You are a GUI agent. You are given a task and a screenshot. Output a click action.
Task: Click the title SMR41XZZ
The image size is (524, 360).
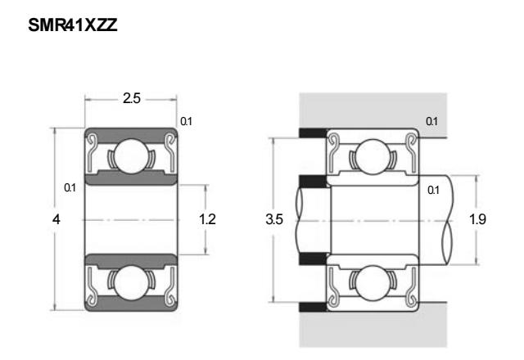[73, 25]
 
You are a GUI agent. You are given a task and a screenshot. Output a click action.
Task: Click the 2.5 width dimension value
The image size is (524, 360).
[131, 98]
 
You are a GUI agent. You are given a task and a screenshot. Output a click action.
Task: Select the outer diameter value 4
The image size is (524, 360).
[56, 219]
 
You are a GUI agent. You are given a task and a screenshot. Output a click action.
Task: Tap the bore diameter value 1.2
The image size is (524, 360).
[207, 219]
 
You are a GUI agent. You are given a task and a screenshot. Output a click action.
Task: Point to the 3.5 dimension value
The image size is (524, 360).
[274, 219]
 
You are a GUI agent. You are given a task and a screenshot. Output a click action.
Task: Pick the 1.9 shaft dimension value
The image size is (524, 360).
[477, 219]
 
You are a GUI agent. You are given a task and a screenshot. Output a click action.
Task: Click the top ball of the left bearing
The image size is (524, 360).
[131, 156]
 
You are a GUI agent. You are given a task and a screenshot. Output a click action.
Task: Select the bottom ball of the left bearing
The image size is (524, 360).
[131, 282]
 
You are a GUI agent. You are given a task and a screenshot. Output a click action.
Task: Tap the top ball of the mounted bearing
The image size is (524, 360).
[373, 156]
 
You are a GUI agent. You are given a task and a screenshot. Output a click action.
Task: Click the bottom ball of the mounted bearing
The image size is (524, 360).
[373, 283]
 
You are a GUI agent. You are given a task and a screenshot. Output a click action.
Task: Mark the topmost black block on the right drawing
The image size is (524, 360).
[313, 133]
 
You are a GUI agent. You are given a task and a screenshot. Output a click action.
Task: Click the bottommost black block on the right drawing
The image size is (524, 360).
[313, 307]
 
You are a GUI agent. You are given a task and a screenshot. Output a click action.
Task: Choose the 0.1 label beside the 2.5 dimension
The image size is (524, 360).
[186, 121]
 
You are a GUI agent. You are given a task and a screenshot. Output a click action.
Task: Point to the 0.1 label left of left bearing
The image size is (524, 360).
[70, 187]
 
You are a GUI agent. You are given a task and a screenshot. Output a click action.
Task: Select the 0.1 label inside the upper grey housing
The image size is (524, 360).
[431, 121]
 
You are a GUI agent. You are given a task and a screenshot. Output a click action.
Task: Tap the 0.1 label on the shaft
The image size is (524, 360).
[433, 190]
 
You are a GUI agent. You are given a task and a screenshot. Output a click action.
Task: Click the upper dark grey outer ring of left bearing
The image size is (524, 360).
[131, 133]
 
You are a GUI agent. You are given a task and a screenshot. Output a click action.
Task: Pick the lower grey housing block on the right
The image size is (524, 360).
[373, 330]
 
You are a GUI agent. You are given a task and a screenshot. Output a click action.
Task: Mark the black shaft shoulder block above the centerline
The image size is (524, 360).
[313, 182]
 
